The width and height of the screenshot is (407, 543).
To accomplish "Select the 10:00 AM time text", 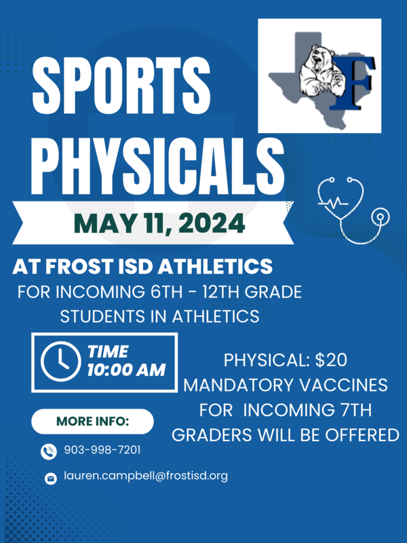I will [x=126, y=371].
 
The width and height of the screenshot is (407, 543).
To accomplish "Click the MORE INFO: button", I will [x=92, y=422].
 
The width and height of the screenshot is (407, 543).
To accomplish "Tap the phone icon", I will [x=49, y=451].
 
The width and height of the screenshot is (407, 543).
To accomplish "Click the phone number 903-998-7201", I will [x=102, y=450].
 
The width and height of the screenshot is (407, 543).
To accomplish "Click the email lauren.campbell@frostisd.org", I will [x=146, y=476].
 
